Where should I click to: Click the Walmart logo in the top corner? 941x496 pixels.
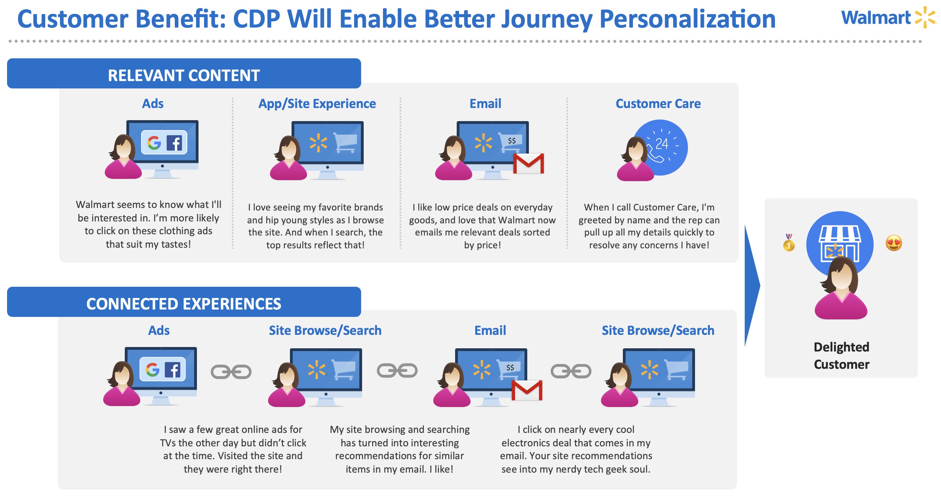pyautogui.click(x=888, y=17)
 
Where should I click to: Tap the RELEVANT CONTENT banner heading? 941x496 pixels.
pyautogui.click(x=184, y=76)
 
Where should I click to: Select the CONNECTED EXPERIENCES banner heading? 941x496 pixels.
pyautogui.click(x=184, y=304)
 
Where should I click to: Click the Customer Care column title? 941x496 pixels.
pyautogui.click(x=658, y=103)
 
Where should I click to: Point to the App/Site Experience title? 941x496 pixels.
pyautogui.click(x=317, y=103)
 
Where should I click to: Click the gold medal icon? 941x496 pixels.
pyautogui.click(x=789, y=242)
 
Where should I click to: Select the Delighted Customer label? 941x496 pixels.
pyautogui.click(x=841, y=355)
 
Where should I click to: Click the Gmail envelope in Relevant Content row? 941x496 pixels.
pyautogui.click(x=528, y=163)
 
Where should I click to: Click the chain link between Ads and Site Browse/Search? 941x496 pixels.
pyautogui.click(x=231, y=372)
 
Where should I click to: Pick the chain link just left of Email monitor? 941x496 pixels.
pyautogui.click(x=397, y=371)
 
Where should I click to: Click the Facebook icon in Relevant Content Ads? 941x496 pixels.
pyautogui.click(x=174, y=143)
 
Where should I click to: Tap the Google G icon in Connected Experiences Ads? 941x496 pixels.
pyautogui.click(x=152, y=370)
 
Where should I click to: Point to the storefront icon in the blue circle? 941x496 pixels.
pyautogui.click(x=840, y=243)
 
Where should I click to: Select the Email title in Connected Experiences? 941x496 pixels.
pyautogui.click(x=490, y=330)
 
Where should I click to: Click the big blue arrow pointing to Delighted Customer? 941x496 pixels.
pyautogui.click(x=752, y=285)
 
